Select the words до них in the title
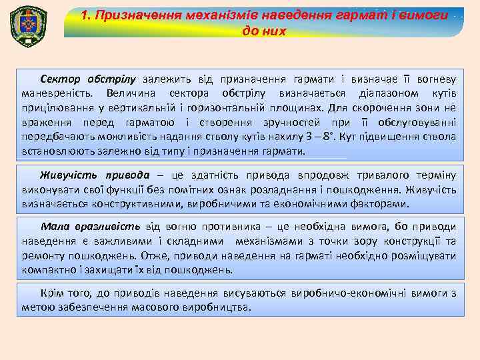coord(263,31)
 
